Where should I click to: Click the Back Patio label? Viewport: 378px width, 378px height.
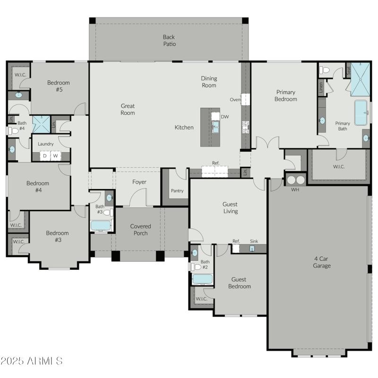(x=169, y=40)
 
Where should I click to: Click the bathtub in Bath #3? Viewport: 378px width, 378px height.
(x=100, y=225)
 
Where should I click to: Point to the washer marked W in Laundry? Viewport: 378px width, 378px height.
(x=56, y=155)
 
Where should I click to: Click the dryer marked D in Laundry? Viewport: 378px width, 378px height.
(x=45, y=155)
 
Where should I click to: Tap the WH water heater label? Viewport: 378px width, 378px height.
(x=295, y=190)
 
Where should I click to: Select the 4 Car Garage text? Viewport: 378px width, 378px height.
(x=322, y=262)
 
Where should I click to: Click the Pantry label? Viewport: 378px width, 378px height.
(x=177, y=191)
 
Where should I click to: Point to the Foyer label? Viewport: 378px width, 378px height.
(x=139, y=182)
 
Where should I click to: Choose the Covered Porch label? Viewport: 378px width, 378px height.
(x=140, y=230)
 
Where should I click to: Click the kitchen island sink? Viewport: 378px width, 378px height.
(x=215, y=126)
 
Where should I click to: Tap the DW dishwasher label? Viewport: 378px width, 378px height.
(x=224, y=117)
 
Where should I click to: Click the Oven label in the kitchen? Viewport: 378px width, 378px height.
(x=235, y=100)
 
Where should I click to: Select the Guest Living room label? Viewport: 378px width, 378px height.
(x=230, y=208)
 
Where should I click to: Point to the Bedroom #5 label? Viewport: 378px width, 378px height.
(x=55, y=86)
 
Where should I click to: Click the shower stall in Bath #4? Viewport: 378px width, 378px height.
(x=41, y=124)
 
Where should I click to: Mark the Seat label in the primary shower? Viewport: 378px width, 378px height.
(x=349, y=70)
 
